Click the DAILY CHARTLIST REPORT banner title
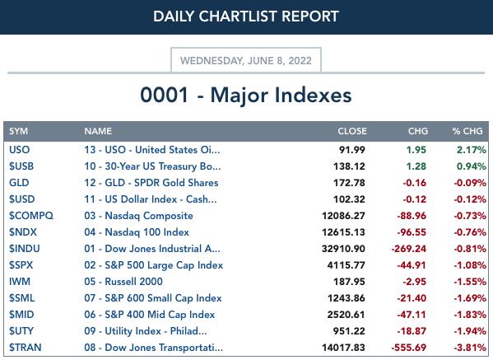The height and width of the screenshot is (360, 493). click(246, 16)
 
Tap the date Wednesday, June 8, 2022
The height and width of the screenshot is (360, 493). click(246, 60)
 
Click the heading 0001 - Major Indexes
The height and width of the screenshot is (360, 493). click(246, 95)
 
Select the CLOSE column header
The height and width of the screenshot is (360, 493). click(352, 131)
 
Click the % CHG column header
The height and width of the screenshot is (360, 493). click(467, 131)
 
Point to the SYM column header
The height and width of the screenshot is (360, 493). click(19, 131)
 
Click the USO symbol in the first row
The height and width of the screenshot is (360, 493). click(20, 150)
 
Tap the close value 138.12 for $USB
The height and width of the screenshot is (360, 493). click(349, 166)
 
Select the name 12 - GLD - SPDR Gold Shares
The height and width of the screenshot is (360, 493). click(151, 183)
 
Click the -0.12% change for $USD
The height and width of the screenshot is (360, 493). click(470, 199)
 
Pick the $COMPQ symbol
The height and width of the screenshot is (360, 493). click(31, 216)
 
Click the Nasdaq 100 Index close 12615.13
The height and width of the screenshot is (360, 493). click(343, 232)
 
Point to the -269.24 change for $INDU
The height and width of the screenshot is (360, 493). click(409, 249)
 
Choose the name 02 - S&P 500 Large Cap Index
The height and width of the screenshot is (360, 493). click(154, 265)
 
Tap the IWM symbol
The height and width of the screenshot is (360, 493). click(20, 282)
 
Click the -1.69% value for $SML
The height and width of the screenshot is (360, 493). click(470, 298)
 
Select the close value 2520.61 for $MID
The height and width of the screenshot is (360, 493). click(346, 315)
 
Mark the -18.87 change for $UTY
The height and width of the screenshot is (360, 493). click(412, 331)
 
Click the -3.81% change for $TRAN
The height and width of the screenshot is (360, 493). click(470, 348)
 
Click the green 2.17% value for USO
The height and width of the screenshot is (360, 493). click(472, 150)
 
